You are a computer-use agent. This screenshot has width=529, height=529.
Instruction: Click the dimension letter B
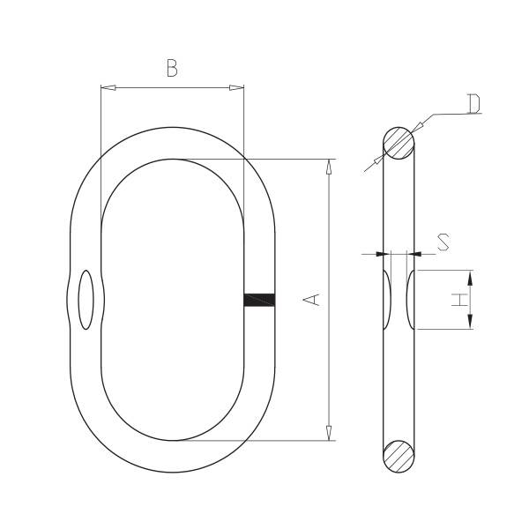[172, 68]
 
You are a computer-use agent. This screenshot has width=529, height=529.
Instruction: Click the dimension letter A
[312, 300]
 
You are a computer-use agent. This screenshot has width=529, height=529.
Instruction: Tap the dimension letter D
[473, 105]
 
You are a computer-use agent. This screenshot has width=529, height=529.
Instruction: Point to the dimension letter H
[458, 300]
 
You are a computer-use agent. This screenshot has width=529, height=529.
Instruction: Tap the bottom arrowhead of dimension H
[470, 322]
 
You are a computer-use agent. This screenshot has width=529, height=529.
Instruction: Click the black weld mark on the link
[259, 300]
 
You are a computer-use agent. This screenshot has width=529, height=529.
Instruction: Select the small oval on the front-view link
[86, 300]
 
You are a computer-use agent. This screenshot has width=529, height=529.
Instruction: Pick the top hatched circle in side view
[399, 142]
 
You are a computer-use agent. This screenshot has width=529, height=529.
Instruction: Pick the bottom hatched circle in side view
[399, 458]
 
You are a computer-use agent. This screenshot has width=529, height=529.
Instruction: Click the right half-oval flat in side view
[411, 300]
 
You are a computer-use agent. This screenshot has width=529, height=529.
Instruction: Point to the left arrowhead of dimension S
[383, 254]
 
